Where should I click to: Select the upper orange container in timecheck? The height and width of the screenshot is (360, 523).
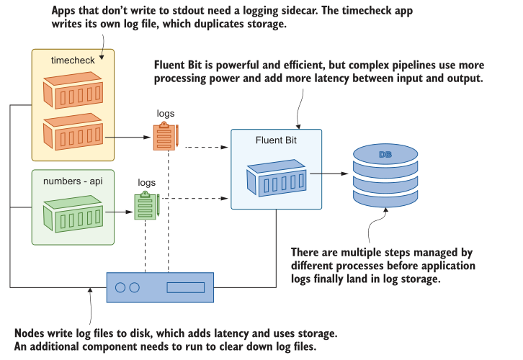click(71, 94)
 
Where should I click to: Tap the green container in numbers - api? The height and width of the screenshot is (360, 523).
click(72, 212)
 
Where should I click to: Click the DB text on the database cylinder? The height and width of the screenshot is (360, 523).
click(385, 155)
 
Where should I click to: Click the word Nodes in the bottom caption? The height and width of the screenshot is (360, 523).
click(30, 334)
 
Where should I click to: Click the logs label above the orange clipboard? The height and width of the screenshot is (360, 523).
click(166, 114)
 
